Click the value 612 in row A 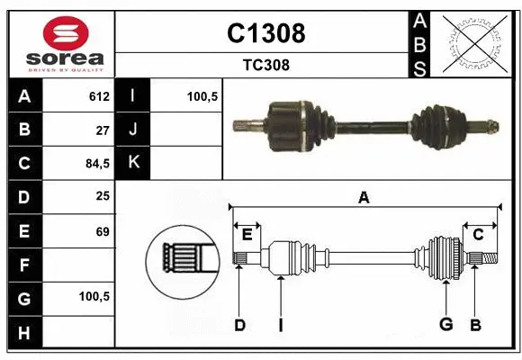tap(99, 96)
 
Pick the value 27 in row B tap(102, 130)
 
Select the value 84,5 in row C tap(96, 164)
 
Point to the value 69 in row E tap(102, 231)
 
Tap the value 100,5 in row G tap(94, 296)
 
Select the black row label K tap(133, 164)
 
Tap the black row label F tap(23, 265)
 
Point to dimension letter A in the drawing tap(364, 197)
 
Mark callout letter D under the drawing tap(239, 325)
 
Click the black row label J tap(133, 130)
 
